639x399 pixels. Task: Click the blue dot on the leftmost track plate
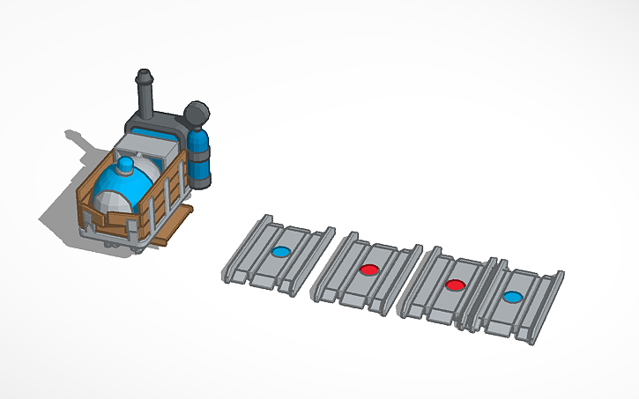[x=280, y=252]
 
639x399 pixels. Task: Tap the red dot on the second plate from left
[x=368, y=269]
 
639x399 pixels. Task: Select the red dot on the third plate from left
[x=455, y=285]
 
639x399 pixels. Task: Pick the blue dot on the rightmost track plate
[x=511, y=297]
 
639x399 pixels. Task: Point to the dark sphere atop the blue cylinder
[x=197, y=114]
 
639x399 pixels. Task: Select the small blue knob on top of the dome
[x=125, y=164]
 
